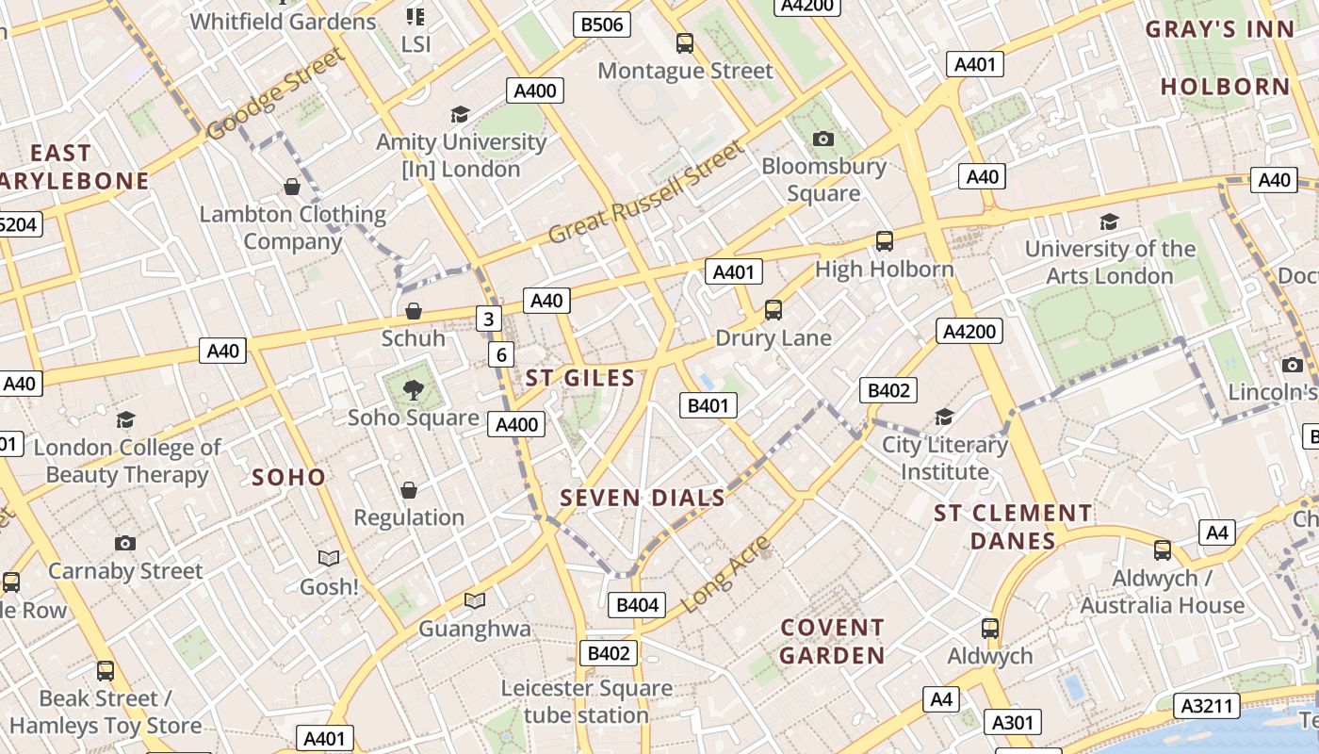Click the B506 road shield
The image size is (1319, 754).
coord(602,25)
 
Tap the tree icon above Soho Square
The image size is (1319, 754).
coord(413,389)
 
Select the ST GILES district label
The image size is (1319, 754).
coord(580,378)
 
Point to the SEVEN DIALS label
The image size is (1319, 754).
coord(643,498)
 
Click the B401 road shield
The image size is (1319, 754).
coord(708,405)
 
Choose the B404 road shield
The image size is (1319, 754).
coord(637,605)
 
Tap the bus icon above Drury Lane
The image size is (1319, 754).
coord(773,309)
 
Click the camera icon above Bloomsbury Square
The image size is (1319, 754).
coord(823,139)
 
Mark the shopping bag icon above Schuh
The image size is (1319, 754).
coord(413,311)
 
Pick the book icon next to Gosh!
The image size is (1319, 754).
coord(328,559)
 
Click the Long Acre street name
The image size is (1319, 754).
coord(726,574)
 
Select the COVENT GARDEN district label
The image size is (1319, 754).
coord(833,641)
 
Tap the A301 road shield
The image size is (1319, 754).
coord(1013,723)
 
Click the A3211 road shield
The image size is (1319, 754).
coord(1207,705)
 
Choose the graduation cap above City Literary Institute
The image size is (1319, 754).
coord(944,417)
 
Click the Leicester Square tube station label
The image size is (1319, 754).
coord(586,701)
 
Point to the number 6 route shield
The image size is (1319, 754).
coord(501,354)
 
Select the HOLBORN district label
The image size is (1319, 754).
coord(1225,87)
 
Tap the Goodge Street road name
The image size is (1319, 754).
coord(275,95)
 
